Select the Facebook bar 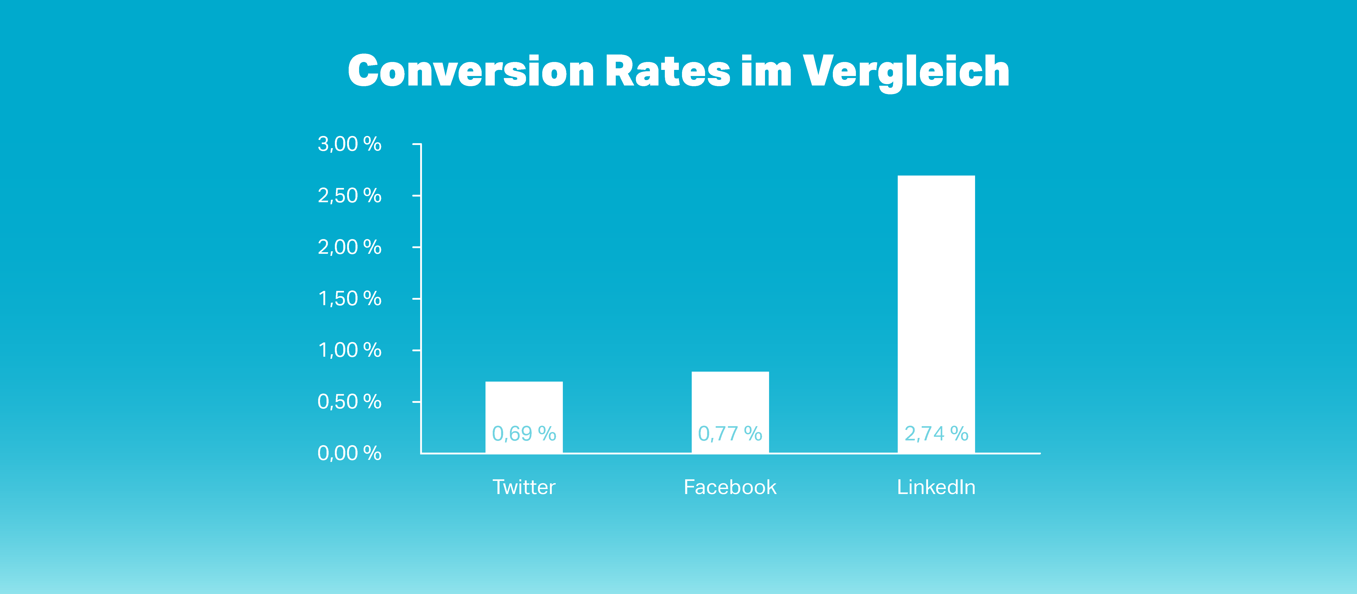730,412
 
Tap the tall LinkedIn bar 936,314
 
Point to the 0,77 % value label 730,434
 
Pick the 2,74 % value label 936,434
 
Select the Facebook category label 730,487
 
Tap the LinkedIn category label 936,487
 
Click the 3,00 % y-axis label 349,144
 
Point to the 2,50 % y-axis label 349,195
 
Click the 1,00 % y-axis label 349,350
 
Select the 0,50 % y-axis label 349,402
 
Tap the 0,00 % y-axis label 349,453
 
